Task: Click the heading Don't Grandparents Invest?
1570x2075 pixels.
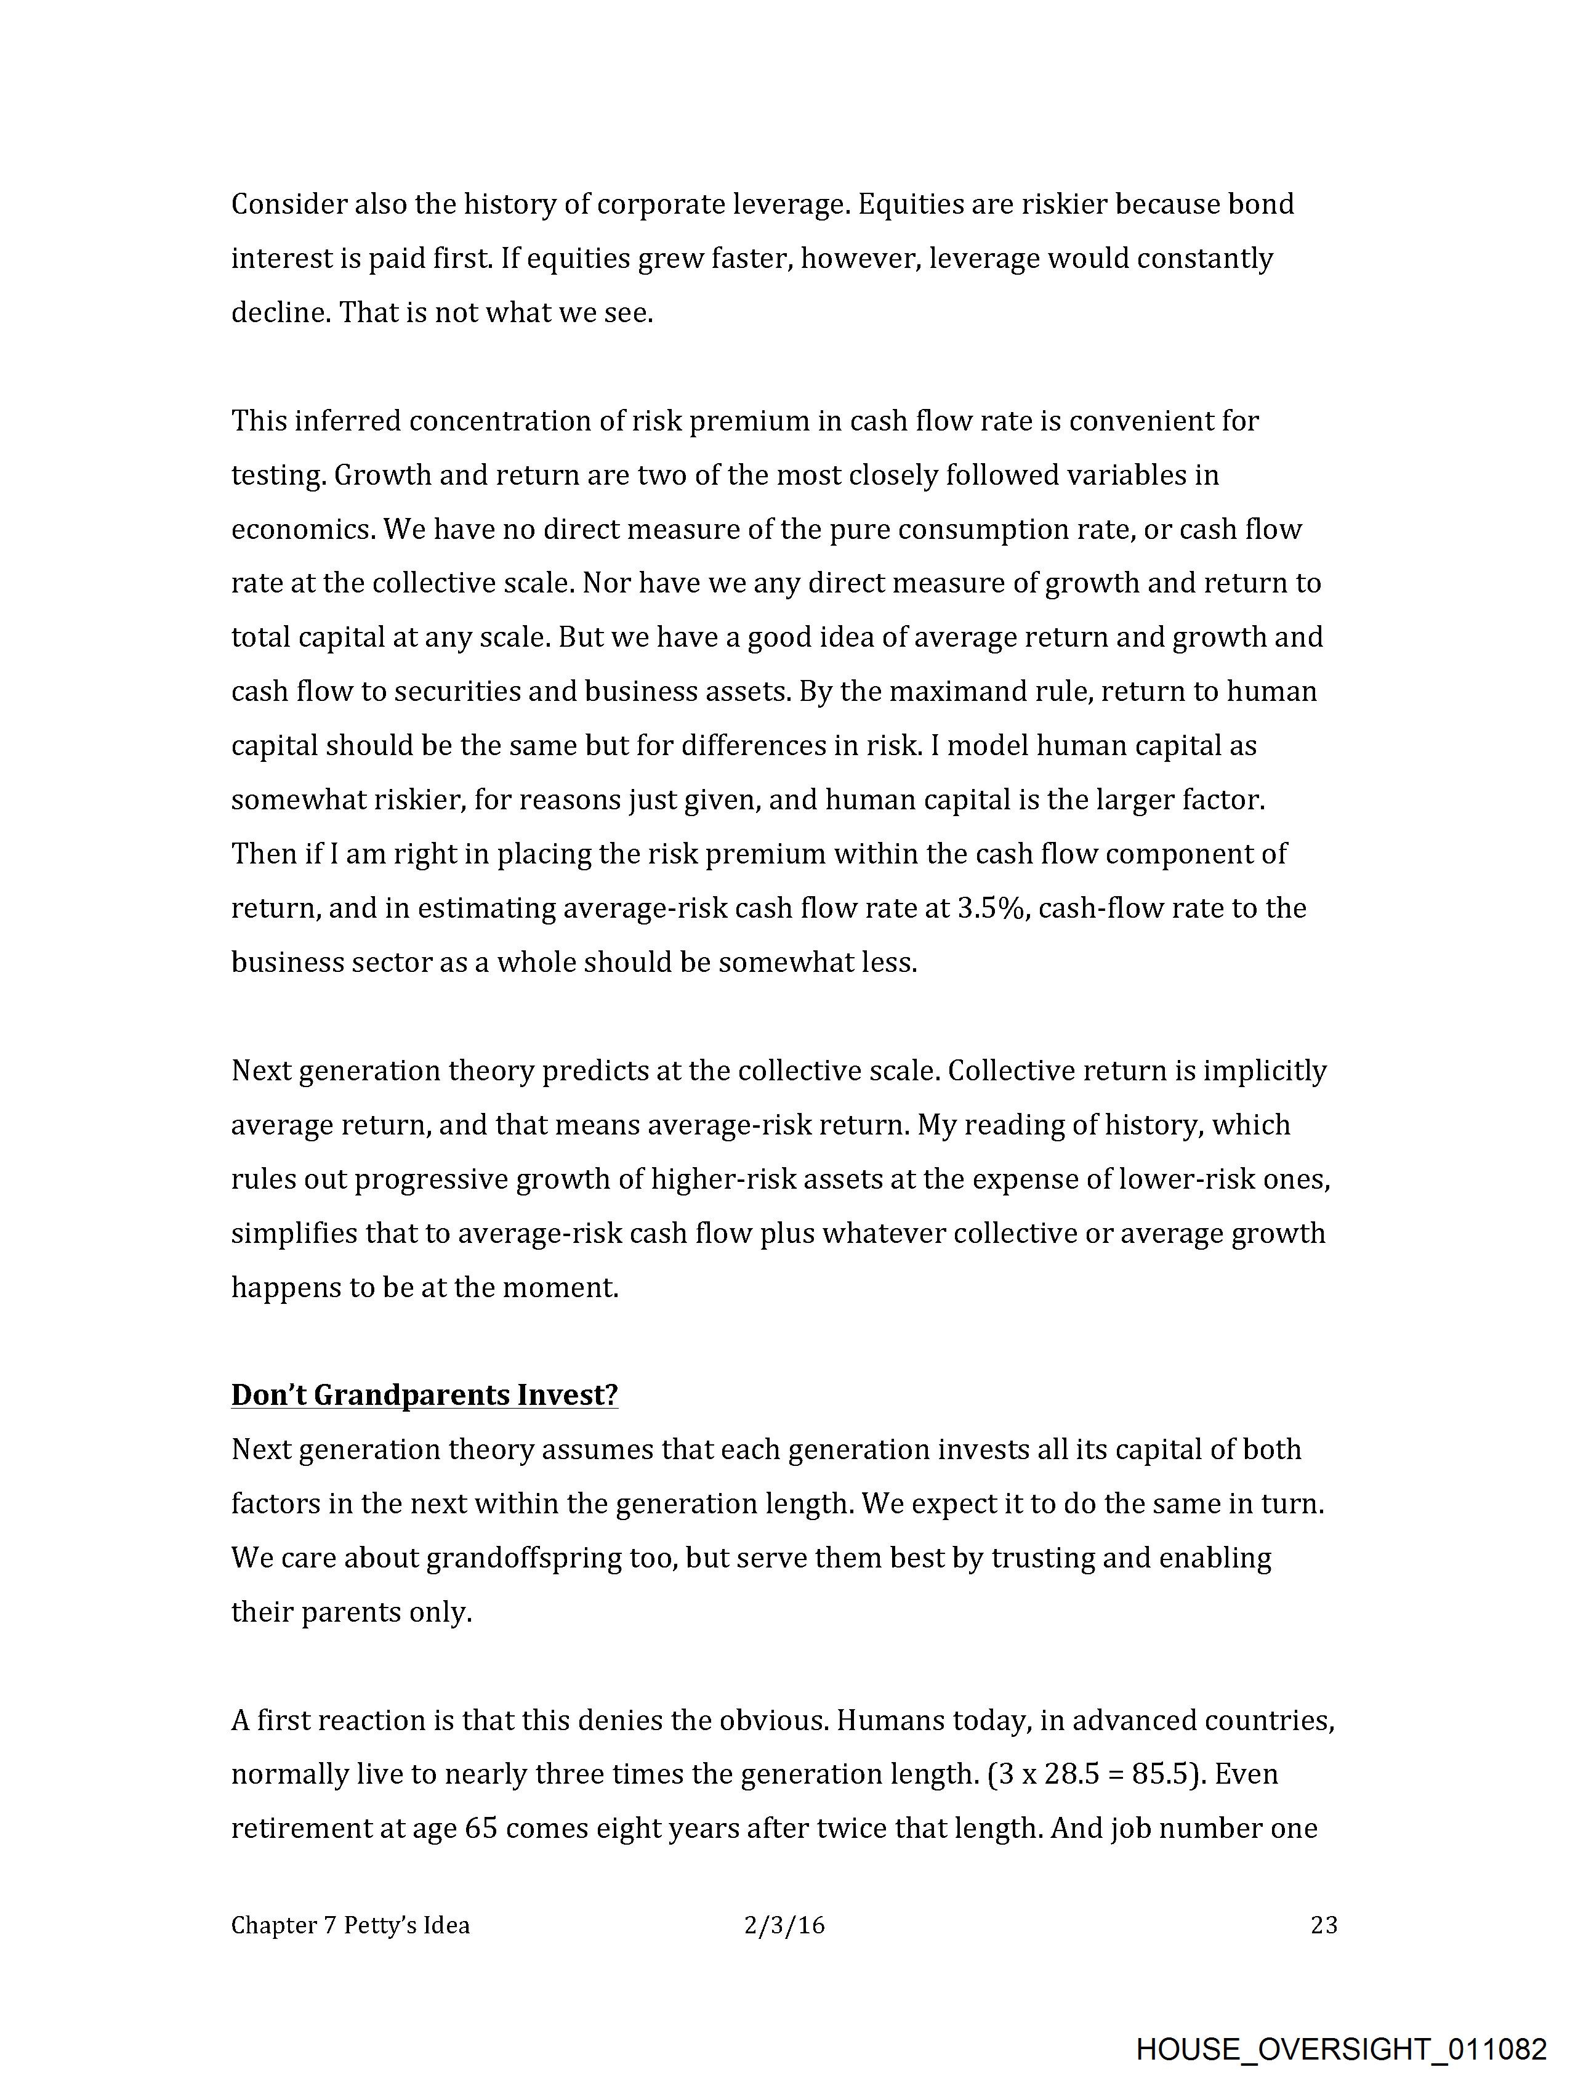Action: (424, 1395)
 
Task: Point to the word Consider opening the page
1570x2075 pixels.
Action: (288, 204)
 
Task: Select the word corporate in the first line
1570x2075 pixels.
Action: (660, 204)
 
